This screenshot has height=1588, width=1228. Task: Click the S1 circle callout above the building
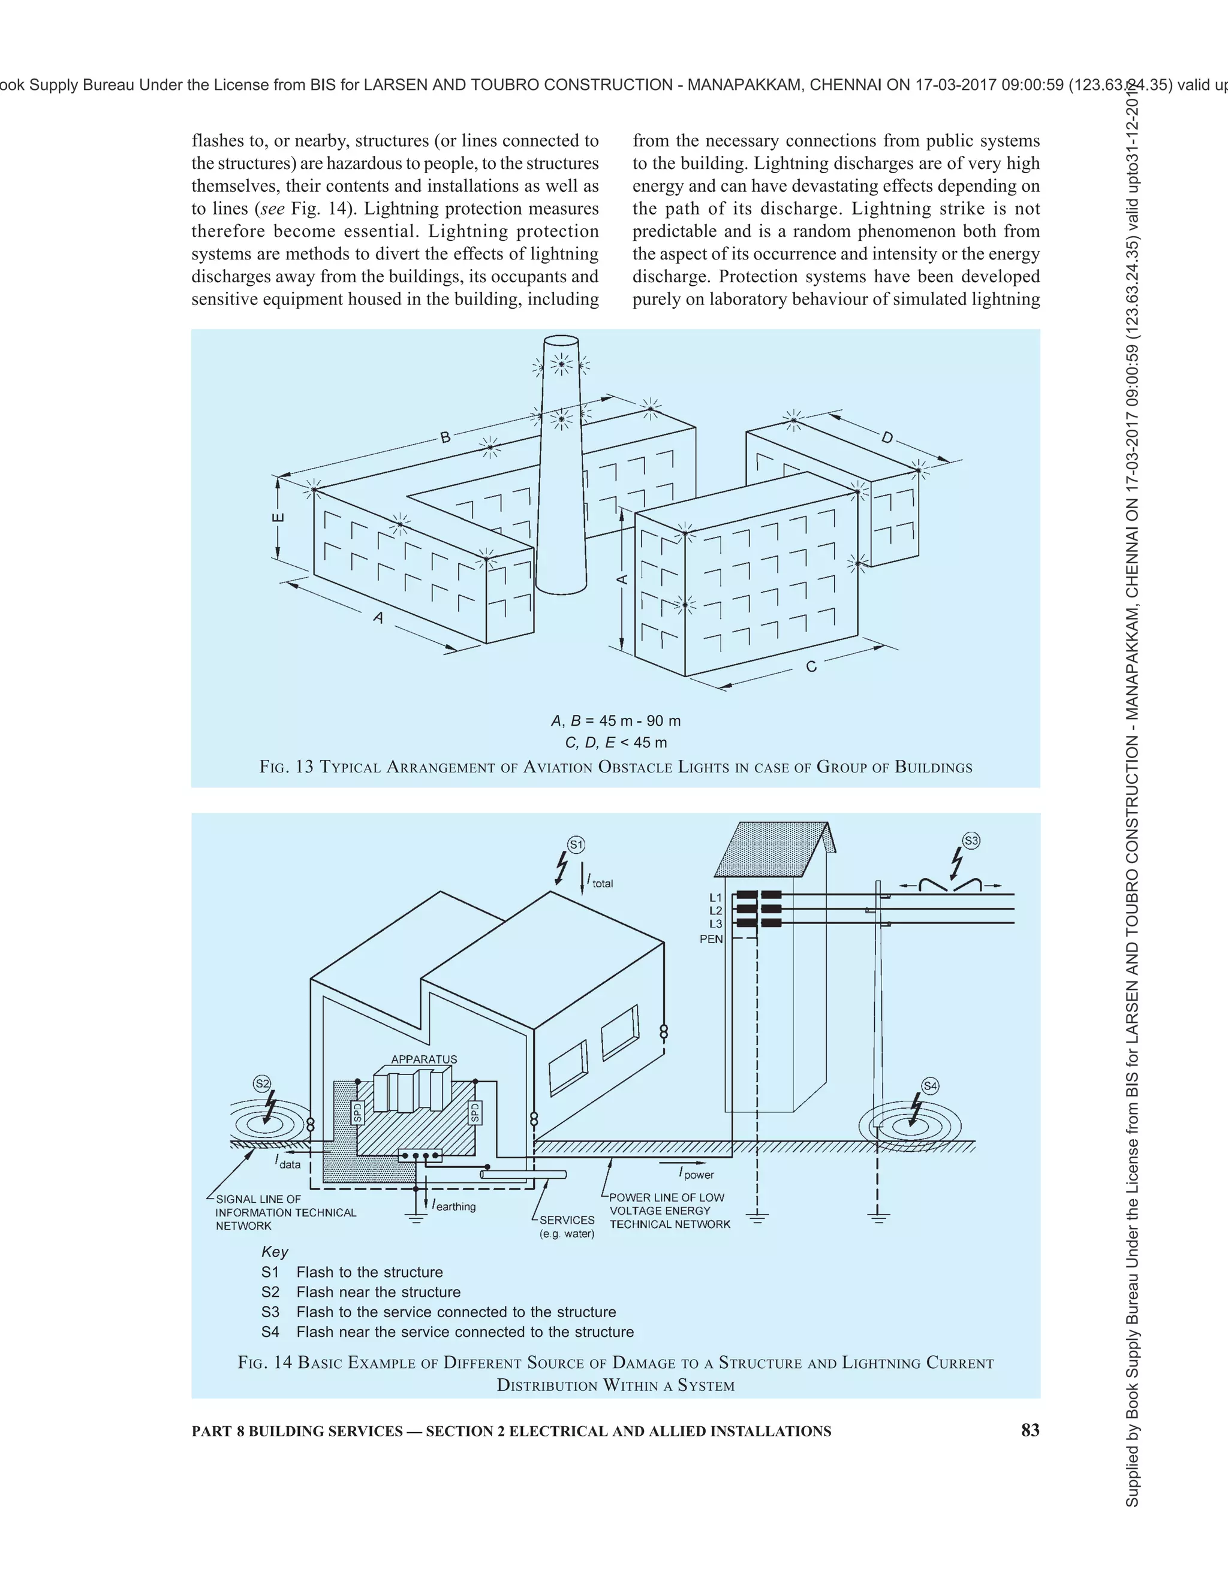pos(576,845)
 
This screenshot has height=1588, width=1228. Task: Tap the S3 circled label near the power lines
pos(971,841)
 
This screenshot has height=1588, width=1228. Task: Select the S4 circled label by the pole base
pos(930,1086)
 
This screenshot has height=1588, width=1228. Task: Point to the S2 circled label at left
pos(262,1083)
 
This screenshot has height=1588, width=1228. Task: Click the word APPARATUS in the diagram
pos(424,1059)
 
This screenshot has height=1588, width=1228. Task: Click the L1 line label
pos(716,897)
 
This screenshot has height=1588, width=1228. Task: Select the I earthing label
pos(453,1206)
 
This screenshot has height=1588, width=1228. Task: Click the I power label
pos(696,1173)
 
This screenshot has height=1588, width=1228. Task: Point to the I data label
pos(288,1163)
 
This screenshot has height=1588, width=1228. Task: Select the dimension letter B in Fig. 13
pos(446,437)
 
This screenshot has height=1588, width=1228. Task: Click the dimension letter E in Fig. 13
pos(278,518)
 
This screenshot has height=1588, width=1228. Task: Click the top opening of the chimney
pos(561,342)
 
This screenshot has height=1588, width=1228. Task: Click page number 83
pos(1030,1431)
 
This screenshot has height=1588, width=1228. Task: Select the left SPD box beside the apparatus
pos(357,1112)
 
